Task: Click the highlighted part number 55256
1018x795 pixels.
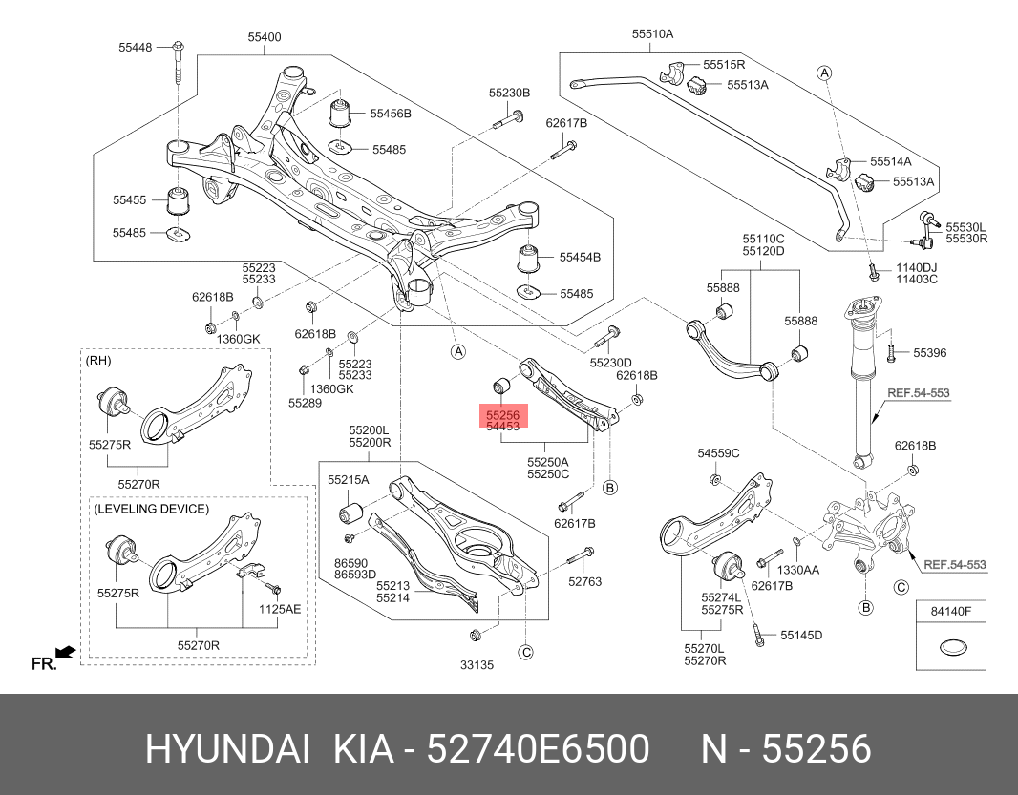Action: (502, 416)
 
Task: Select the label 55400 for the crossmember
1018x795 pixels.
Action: (265, 37)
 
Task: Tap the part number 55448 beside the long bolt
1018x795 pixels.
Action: (136, 46)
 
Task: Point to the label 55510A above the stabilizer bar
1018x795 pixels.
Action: (652, 33)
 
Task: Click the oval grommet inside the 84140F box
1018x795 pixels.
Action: (951, 649)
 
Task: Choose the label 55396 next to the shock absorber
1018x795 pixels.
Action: (929, 353)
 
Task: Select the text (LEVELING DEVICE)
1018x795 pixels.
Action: (151, 509)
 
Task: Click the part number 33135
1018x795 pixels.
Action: (477, 665)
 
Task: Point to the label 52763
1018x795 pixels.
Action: (584, 581)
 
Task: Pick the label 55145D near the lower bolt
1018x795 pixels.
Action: (800, 635)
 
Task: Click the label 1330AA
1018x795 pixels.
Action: (797, 570)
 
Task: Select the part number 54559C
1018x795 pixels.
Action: (718, 452)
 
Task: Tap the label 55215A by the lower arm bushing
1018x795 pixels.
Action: (348, 479)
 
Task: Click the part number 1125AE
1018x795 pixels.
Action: (280, 608)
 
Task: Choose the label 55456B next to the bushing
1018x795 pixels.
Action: (392, 114)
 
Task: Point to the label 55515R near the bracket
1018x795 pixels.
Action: (724, 65)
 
